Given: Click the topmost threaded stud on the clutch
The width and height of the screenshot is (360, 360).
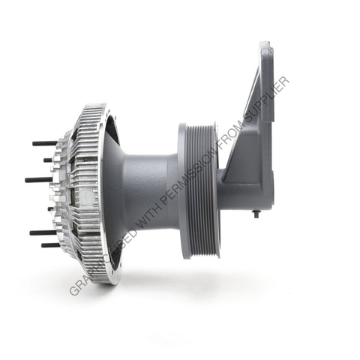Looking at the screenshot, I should click(x=43, y=142).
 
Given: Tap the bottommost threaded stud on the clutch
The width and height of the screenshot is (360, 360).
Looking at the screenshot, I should click(x=49, y=244).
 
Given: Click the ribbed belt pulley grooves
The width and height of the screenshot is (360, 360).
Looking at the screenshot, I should click(x=203, y=191).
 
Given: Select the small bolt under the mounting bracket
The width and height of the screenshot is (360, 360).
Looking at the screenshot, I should click(x=256, y=214).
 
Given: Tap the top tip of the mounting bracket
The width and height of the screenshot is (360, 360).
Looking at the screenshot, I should click(x=265, y=45).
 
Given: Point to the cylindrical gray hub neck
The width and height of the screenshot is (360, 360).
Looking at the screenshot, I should click(x=154, y=191).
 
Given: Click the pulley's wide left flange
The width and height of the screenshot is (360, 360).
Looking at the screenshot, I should click(x=184, y=191).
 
